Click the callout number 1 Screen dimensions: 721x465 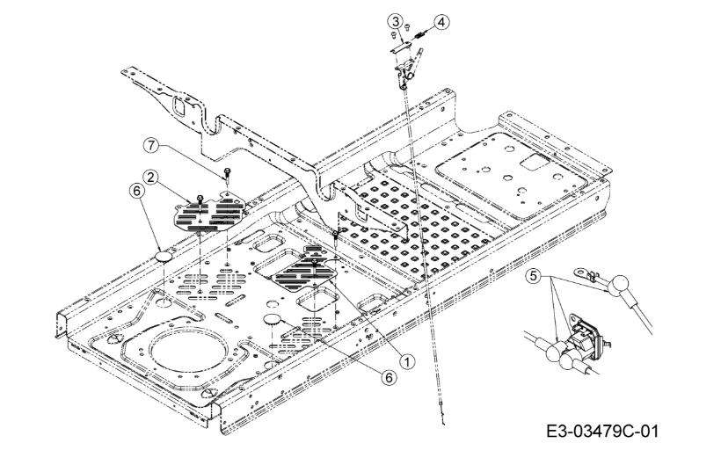pyautogui.click(x=407, y=362)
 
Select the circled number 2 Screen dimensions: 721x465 pyautogui.click(x=150, y=178)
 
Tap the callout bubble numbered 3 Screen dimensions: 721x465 pyautogui.click(x=395, y=21)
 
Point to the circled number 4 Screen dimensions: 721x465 pyautogui.click(x=441, y=22)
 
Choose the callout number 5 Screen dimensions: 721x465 pyautogui.click(x=534, y=276)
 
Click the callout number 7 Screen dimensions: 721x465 pyautogui.click(x=150, y=145)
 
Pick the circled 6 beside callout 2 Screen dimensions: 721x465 pyautogui.click(x=136, y=191)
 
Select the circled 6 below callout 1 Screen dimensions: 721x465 pyautogui.click(x=389, y=377)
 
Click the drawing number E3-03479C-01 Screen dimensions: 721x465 pyautogui.click(x=602, y=432)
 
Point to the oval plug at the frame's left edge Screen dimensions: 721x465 pyautogui.click(x=164, y=257)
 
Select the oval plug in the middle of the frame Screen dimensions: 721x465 pyautogui.click(x=273, y=318)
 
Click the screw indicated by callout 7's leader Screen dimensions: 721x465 pyautogui.click(x=227, y=175)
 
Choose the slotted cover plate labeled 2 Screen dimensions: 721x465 pyautogui.click(x=209, y=212)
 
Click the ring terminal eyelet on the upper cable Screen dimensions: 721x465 pyautogui.click(x=581, y=274)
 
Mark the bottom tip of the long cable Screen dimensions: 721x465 pyautogui.click(x=444, y=424)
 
